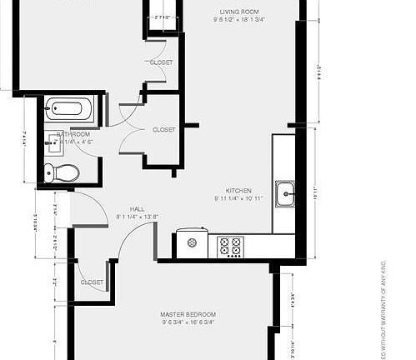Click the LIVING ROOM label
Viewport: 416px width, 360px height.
click(x=235, y=12)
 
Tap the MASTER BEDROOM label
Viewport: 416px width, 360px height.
click(x=188, y=314)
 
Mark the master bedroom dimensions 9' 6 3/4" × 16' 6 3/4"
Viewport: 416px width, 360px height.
click(x=188, y=322)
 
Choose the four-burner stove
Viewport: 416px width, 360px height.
click(x=229, y=246)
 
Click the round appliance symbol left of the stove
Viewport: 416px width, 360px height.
click(x=193, y=243)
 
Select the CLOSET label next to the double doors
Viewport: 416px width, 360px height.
click(x=163, y=130)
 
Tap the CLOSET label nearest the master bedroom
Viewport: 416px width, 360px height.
click(x=92, y=282)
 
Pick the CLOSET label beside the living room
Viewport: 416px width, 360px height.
click(x=161, y=62)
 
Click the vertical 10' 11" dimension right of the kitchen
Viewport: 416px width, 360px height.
click(x=315, y=193)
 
